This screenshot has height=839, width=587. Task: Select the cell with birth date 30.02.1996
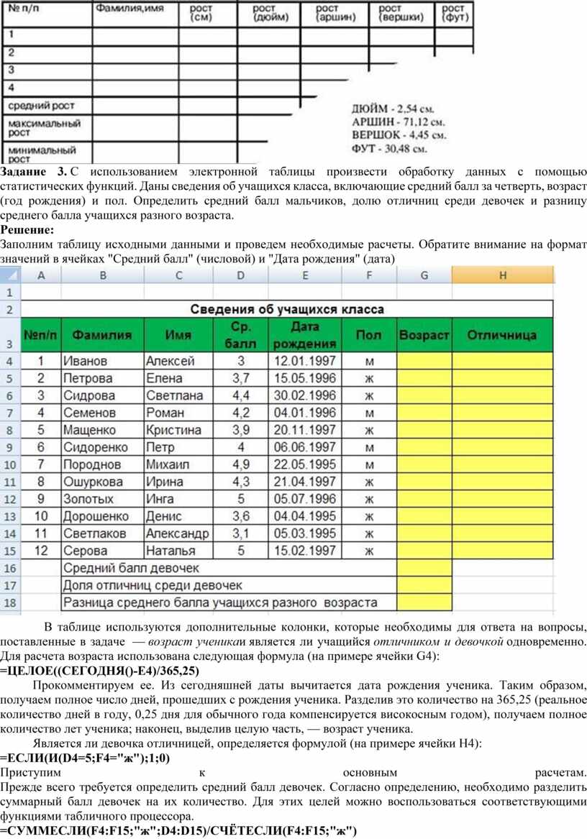[x=305, y=395]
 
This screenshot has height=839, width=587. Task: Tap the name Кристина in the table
[x=173, y=430]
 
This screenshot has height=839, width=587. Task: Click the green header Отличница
[x=502, y=335]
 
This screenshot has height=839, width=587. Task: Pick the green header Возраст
[x=424, y=335]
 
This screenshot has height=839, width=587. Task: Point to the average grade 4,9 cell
[x=241, y=464]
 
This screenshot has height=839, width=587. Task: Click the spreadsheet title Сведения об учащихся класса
[x=287, y=309]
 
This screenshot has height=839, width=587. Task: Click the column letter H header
[x=503, y=275]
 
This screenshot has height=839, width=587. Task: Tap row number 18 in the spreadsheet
[x=11, y=602]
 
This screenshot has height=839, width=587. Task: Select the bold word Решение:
[x=27, y=230]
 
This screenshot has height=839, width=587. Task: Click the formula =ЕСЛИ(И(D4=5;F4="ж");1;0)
[x=90, y=758]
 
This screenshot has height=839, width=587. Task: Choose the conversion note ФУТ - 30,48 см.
[x=389, y=150]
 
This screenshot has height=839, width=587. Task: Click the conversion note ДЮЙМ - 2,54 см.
[x=393, y=109]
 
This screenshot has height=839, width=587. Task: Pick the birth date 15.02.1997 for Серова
[x=305, y=551]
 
